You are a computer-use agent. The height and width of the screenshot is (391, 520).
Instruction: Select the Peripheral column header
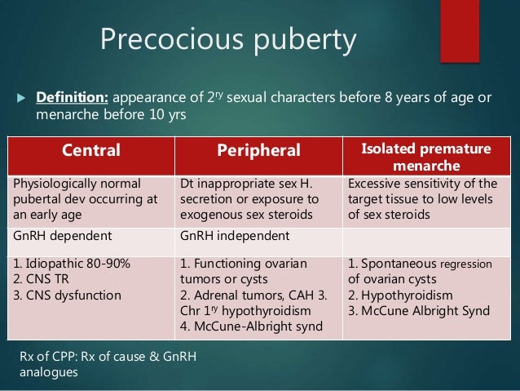pyautogui.click(x=258, y=150)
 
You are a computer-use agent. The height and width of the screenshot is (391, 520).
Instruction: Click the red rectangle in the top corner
pyautogui.click(x=461, y=31)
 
